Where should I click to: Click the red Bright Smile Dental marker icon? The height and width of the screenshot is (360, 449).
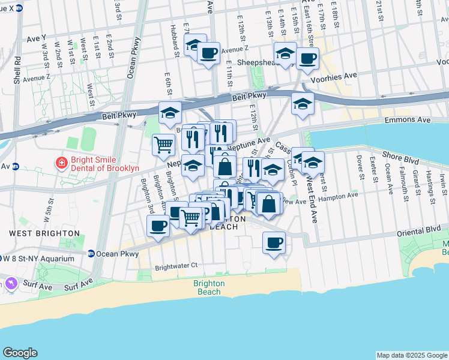(61, 163)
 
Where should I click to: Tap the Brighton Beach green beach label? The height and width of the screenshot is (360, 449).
(209, 287)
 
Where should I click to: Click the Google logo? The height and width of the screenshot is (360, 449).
(20, 353)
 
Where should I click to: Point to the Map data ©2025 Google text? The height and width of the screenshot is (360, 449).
(411, 355)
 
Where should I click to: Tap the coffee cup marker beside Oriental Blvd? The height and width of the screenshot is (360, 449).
(274, 242)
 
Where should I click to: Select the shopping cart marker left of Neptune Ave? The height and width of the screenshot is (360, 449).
(163, 145)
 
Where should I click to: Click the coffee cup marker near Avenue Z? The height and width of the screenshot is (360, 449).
(208, 53)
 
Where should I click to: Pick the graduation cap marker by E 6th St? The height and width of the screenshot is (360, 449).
(170, 112)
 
